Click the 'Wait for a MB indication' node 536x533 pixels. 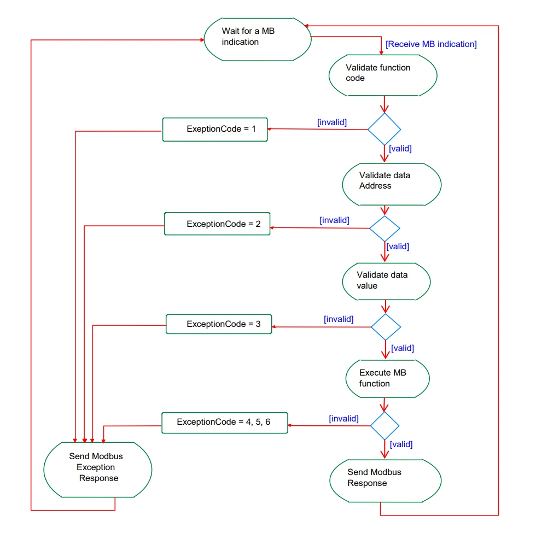click(258, 39)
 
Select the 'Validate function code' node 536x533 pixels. click(383, 75)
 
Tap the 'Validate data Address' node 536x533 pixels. click(392, 185)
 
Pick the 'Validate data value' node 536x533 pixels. click(386, 282)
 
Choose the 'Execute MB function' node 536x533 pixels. click(388, 378)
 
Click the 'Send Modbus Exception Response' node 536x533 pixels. click(98, 470)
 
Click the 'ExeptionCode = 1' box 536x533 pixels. click(215, 129)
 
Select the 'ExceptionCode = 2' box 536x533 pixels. click(217, 224)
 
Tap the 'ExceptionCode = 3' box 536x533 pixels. click(219, 324)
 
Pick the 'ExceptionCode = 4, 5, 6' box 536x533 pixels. click(225, 423)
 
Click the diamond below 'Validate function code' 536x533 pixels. click(384, 129)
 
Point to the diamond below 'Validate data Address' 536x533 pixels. click(384, 229)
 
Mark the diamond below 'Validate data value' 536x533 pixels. click(386, 327)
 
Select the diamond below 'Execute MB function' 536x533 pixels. click(384, 426)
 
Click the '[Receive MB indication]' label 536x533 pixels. click(431, 44)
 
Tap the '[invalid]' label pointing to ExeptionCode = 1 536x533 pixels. click(332, 122)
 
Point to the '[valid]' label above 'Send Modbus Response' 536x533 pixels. click(401, 444)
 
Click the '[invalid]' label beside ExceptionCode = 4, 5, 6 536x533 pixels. click(343, 419)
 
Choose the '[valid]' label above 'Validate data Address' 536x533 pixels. click(400, 149)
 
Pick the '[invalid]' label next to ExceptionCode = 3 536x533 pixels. click(339, 319)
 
